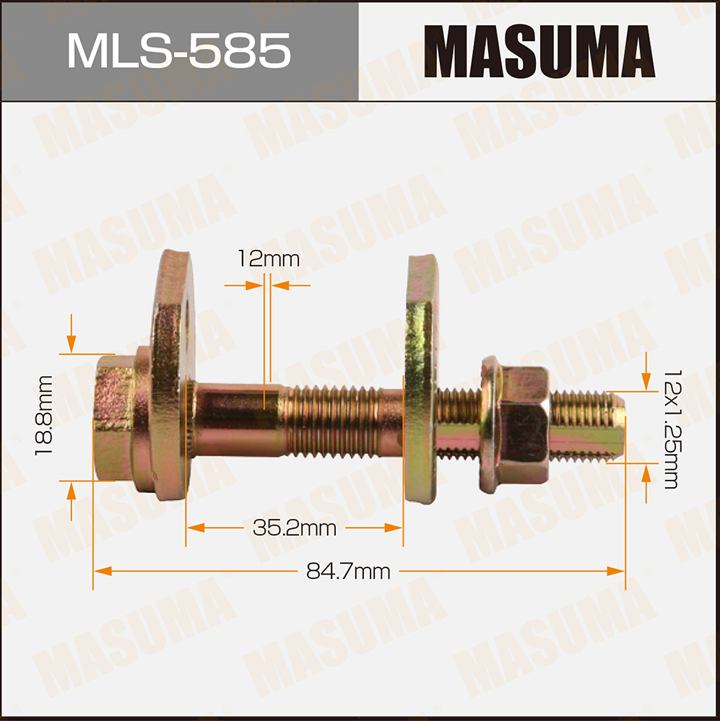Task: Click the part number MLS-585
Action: coord(179,51)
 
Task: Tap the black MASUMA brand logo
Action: coord(539,51)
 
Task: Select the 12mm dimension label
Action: coord(269,259)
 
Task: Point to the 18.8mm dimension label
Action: coord(44,416)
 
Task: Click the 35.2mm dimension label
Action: coord(295,528)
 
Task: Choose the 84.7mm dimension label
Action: coord(348,572)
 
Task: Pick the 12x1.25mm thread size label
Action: coord(671,429)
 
